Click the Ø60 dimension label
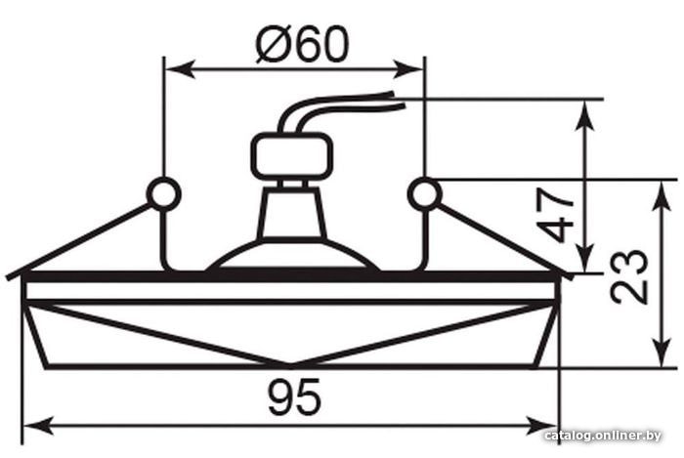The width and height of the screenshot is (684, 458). tap(302, 44)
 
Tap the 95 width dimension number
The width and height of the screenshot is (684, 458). tap(295, 397)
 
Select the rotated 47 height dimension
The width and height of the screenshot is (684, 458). tap(555, 215)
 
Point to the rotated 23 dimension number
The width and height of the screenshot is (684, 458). tap(628, 276)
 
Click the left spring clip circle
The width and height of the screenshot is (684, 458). tap(163, 194)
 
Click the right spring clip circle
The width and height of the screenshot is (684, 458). tap(424, 194)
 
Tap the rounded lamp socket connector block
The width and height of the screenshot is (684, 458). tap(292, 156)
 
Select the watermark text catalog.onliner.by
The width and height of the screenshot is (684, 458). tap(603, 435)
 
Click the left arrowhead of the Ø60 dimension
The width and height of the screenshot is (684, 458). tap(180, 69)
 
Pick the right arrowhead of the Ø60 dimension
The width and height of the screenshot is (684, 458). tap(408, 69)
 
